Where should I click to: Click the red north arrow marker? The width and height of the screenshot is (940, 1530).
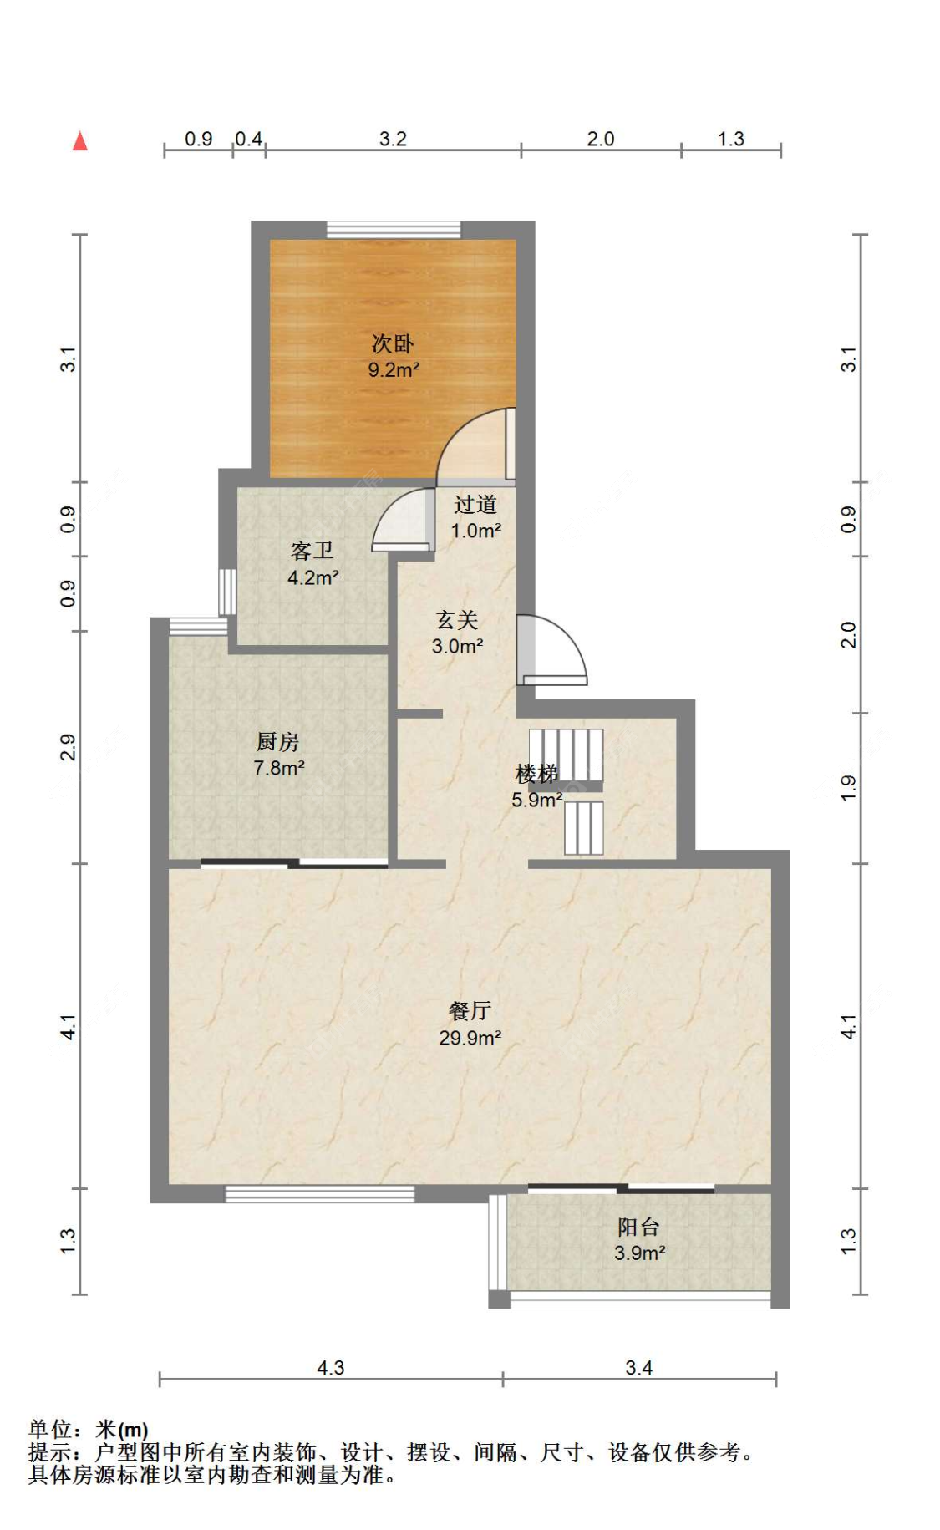point(80,141)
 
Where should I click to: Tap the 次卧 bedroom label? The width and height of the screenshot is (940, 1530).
point(393,343)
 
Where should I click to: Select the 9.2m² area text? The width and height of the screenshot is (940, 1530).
point(394,369)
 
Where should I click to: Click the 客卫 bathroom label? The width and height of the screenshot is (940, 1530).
point(312,551)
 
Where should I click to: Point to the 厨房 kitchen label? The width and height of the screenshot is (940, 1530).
point(278,741)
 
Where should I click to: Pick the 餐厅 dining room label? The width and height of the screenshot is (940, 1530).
point(470,1011)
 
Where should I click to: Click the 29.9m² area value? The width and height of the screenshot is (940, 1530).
point(470,1038)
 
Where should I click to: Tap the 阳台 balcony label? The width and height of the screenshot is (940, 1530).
point(639,1227)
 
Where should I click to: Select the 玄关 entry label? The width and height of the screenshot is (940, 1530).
point(457,620)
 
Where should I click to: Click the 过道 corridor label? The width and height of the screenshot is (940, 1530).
point(475,505)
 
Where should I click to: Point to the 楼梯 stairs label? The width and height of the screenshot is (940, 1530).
point(536,774)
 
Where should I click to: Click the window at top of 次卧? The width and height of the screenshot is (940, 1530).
point(394,230)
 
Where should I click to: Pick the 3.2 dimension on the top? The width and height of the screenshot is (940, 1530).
point(393,139)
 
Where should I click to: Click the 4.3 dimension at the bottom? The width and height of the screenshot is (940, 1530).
point(331,1368)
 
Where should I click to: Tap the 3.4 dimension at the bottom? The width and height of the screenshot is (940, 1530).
point(639,1368)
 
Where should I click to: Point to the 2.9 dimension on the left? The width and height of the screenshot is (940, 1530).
point(69,747)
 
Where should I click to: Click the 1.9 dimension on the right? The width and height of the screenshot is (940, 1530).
point(849,788)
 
